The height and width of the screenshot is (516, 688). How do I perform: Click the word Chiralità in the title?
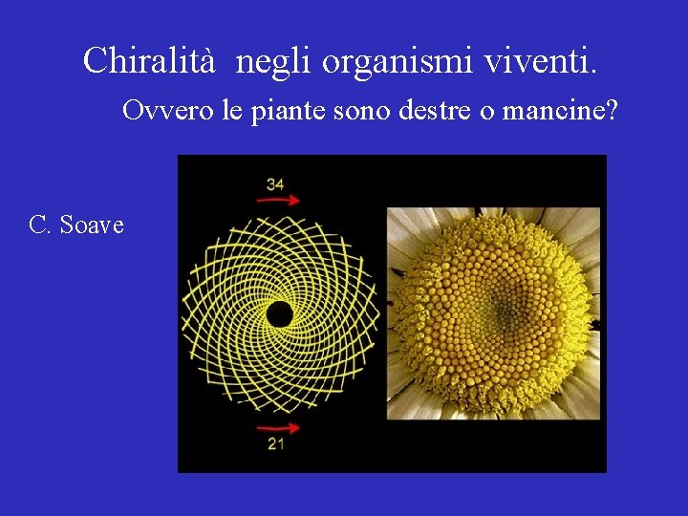(x=153, y=61)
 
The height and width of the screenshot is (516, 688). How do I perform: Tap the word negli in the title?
(x=274, y=61)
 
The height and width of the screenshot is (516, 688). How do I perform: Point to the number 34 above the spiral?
(x=275, y=183)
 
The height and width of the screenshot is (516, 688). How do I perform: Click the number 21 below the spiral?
(x=275, y=444)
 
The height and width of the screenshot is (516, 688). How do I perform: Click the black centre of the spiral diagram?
(x=279, y=313)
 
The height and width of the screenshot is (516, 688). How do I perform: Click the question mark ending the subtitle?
(x=613, y=111)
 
